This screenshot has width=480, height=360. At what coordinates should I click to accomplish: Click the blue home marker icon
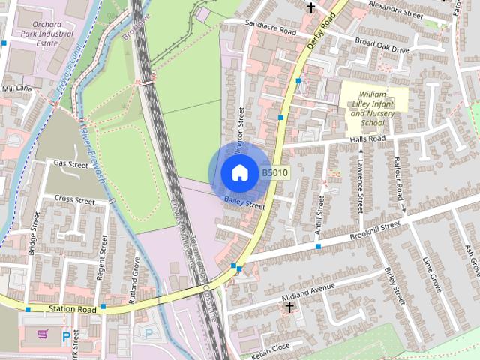[239, 172]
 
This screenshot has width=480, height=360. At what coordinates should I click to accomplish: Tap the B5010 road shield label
[275, 172]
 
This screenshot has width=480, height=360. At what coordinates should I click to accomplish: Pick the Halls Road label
[367, 139]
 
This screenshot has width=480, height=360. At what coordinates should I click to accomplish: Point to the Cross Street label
[74, 201]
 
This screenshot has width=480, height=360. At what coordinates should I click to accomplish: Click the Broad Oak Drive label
[382, 46]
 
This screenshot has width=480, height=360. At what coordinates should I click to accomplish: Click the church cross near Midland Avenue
[289, 307]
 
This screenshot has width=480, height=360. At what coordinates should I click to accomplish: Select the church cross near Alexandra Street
[310, 7]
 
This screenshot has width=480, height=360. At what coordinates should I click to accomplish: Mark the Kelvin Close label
[270, 350]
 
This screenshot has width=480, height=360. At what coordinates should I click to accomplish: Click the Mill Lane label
[18, 88]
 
